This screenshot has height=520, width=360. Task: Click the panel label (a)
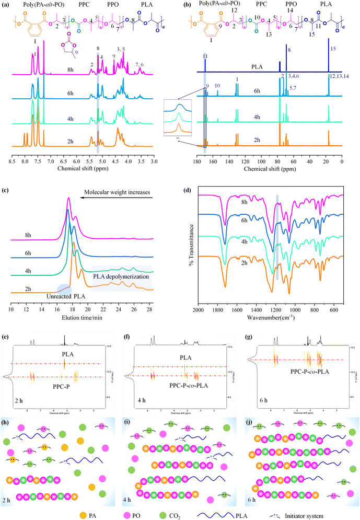tap(6, 5)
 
